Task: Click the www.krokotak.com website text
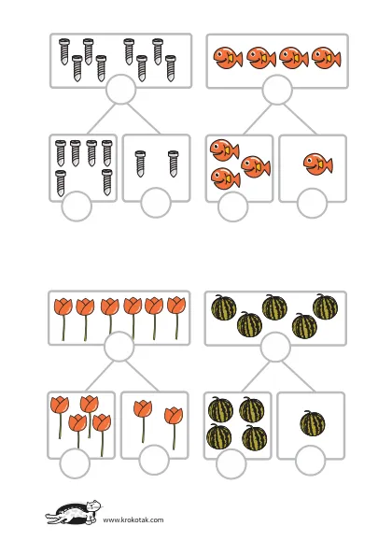point(133,519)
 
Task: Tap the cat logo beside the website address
point(74,512)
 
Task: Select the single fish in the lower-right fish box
point(317,164)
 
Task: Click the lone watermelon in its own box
point(313,423)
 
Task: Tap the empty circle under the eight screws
point(121,89)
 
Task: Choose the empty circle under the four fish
point(277,90)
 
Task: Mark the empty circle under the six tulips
point(119,347)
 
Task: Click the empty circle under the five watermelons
point(275,348)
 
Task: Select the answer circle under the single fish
point(312,203)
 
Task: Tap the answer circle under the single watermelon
point(310,460)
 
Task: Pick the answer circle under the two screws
point(156,203)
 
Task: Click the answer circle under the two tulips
point(154,460)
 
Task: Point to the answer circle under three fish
point(232,206)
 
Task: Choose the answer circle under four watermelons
point(231,463)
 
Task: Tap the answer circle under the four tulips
point(75,463)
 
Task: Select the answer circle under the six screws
point(77,206)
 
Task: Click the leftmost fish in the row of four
point(228,57)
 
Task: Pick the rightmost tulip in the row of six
point(176,318)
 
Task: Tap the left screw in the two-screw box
point(140,164)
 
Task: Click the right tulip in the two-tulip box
point(174,428)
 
